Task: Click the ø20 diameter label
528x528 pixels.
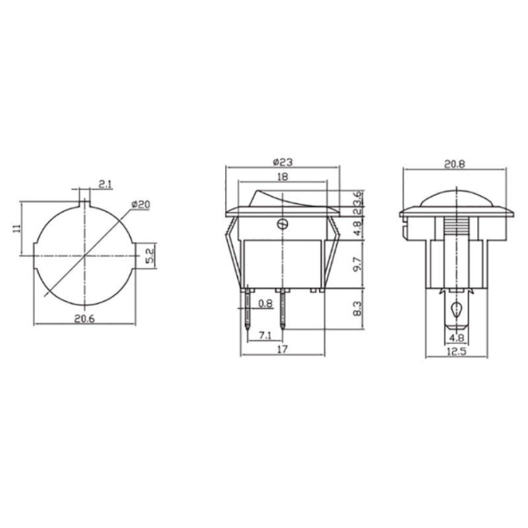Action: click(x=141, y=205)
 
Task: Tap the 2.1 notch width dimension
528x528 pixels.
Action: click(x=106, y=184)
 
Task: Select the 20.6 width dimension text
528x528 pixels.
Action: click(x=84, y=319)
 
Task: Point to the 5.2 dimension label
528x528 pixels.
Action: click(x=150, y=255)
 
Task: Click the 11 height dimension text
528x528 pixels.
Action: click(x=17, y=228)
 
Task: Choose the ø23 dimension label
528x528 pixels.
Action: click(x=282, y=162)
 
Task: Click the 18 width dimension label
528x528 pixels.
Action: click(x=282, y=176)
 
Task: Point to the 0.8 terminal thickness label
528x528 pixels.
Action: click(x=265, y=304)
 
